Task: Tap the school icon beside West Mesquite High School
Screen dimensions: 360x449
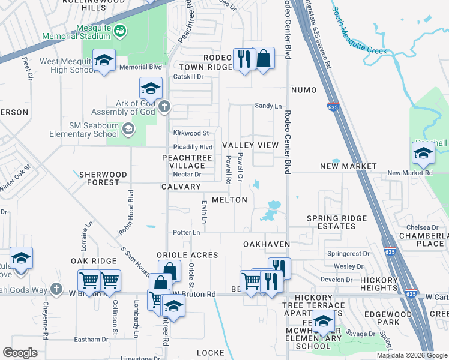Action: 104,61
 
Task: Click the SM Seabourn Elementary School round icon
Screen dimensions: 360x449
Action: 128,129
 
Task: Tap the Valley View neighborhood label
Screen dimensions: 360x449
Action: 250,145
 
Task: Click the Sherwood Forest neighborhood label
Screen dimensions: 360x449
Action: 103,178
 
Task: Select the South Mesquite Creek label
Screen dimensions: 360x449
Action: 360,33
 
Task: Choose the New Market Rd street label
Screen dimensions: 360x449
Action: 410,173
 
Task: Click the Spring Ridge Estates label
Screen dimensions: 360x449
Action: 331,222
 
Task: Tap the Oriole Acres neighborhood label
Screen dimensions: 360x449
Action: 187,255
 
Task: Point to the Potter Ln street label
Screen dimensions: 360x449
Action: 186,232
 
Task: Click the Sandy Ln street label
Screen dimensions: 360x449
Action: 268,106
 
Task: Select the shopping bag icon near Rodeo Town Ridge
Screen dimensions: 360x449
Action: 263,59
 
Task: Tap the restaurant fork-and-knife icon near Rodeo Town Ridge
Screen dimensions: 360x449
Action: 243,59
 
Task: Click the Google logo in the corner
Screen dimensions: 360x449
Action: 20,353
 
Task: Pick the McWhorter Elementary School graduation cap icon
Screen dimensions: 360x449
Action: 323,322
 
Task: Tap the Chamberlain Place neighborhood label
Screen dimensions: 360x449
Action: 423,239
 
